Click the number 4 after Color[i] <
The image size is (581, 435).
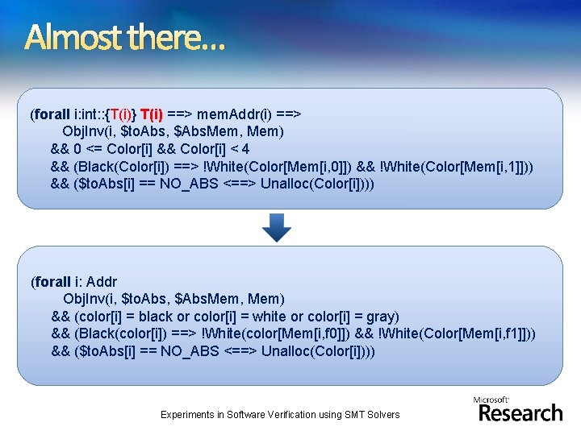(245, 149)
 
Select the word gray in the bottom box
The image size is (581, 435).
(381, 317)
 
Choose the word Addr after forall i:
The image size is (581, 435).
(101, 282)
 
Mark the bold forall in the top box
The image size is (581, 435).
(52, 114)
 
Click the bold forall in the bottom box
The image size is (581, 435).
(52, 282)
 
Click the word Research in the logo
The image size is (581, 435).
(520, 413)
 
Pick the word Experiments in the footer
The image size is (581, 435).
(190, 415)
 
